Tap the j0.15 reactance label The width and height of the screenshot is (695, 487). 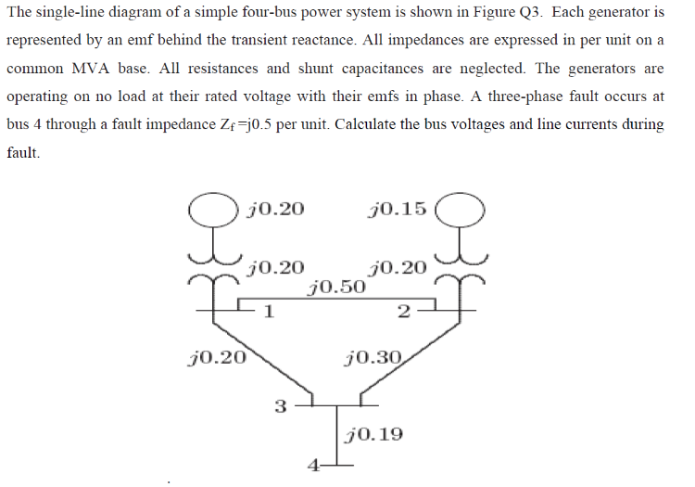(x=397, y=208)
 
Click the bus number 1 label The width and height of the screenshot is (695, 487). (x=268, y=312)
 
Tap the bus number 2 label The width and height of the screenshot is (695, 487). (x=401, y=312)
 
